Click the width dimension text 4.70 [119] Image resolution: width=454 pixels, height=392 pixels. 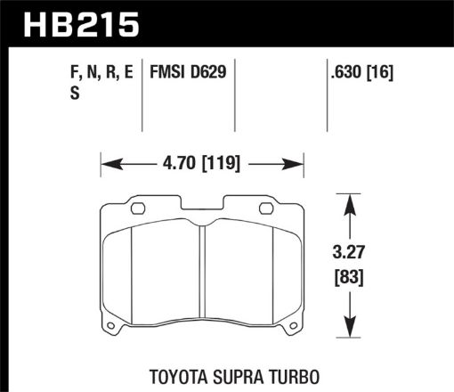pos(202,164)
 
